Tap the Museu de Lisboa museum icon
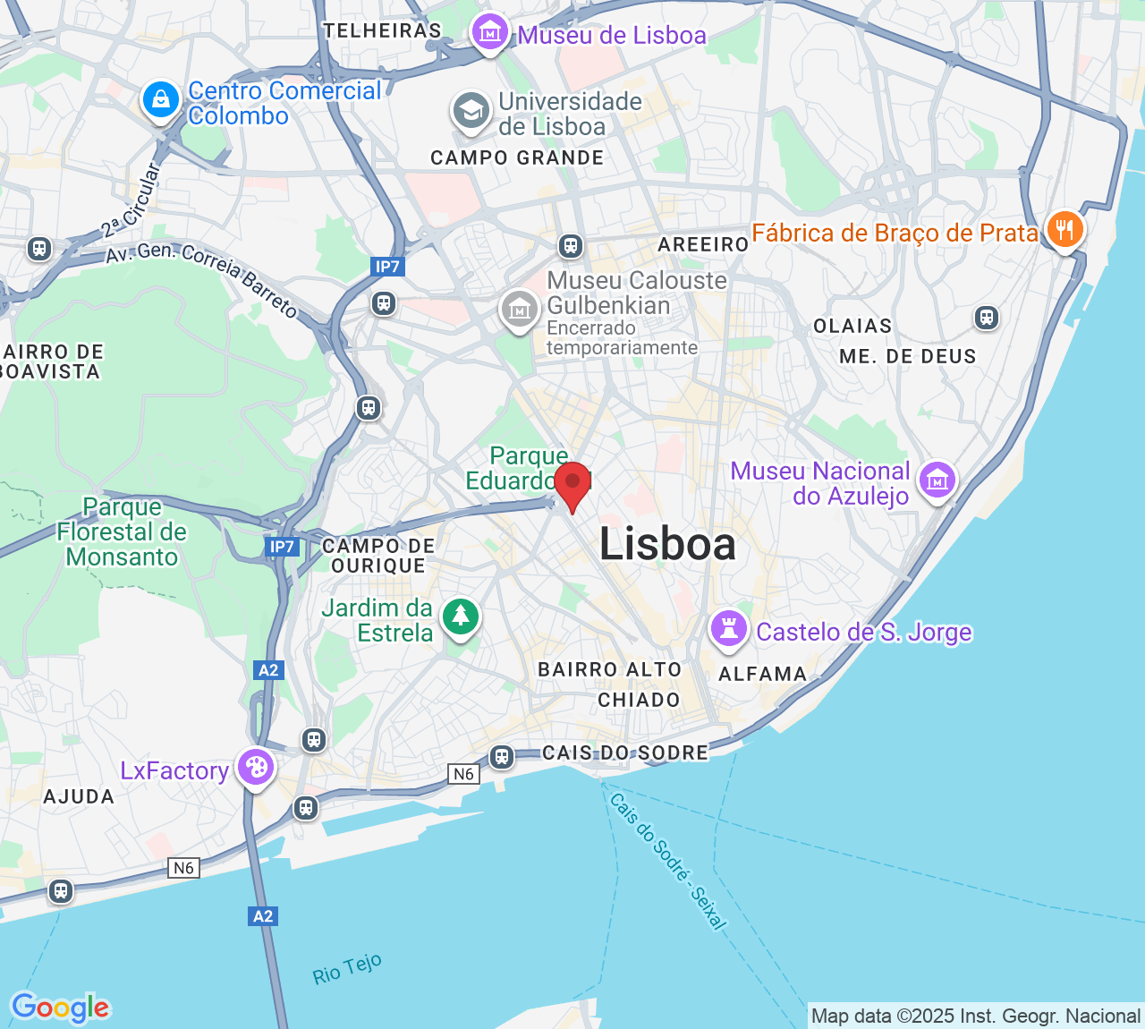[489, 33]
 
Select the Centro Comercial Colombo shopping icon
[160, 99]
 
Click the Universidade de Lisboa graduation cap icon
[471, 111]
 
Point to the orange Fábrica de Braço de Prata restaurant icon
[1064, 229]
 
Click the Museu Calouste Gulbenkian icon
[519, 310]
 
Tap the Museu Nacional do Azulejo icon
[937, 480]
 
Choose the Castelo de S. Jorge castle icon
[729, 629]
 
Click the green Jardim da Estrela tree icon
[461, 617]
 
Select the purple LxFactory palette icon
[256, 767]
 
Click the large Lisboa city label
[667, 544]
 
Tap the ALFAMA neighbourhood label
[762, 674]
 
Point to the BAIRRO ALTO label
[609, 669]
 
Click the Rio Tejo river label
[347, 969]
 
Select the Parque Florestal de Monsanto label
[122, 532]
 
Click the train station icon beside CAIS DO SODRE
[502, 757]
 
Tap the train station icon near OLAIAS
[986, 317]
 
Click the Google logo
[60, 1008]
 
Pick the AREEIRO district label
[702, 244]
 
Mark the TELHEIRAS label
[382, 30]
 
